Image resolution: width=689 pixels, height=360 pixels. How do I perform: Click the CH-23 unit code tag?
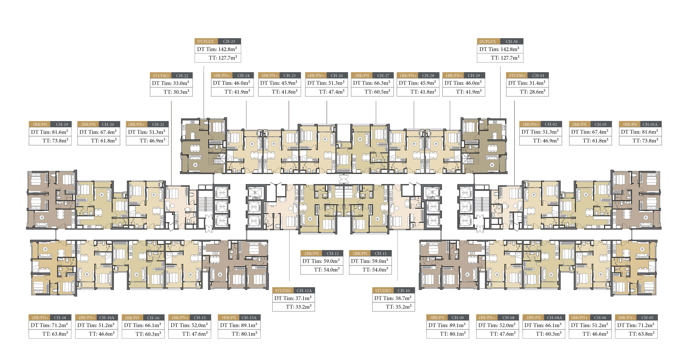229,41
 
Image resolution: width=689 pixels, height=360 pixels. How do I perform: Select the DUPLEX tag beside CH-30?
488,42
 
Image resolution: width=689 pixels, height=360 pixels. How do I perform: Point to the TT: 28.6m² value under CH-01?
533,92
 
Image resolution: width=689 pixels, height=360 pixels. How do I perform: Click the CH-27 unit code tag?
383,76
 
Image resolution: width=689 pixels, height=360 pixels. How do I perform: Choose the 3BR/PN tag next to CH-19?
40,124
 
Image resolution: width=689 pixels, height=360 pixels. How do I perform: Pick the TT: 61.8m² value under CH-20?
104,141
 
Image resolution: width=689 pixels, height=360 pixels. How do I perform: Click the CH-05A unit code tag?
650,124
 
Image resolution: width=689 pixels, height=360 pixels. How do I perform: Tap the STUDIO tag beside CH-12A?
283,291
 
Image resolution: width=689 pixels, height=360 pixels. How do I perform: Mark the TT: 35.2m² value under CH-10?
399,307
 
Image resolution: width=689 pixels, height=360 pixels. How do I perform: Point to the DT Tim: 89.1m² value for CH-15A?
239,325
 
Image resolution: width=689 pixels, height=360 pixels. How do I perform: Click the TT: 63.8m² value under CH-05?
641,334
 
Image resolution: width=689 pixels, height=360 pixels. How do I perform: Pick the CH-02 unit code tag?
551,124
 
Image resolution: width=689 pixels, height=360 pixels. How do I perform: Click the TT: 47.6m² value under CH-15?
195,334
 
